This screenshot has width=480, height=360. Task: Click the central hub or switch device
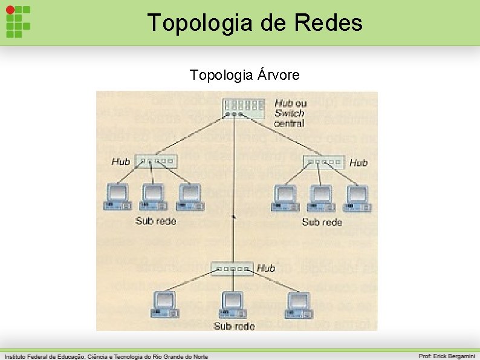point(243,108)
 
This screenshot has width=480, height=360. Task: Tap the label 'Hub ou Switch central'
point(290,113)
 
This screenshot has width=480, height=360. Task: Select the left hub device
point(157,162)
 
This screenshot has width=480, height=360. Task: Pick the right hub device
point(323,162)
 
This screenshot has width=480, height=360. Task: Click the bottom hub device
point(233,269)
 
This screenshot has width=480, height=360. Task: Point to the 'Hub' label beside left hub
point(121,162)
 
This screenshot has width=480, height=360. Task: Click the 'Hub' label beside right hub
point(358,163)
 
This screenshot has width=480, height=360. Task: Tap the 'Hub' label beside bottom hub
point(266,268)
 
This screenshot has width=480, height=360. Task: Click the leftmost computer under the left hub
point(117,197)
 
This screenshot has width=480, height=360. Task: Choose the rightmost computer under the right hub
point(358,198)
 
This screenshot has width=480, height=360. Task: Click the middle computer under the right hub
point(322,198)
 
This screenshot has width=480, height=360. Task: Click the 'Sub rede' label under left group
point(156,221)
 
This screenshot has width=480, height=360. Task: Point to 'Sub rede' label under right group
point(322,222)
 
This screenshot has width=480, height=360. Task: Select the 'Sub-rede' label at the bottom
point(234,326)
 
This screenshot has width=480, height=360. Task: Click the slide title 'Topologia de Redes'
point(255,23)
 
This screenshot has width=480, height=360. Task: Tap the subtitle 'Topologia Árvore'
point(244,75)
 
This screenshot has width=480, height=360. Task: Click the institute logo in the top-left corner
point(18,22)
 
